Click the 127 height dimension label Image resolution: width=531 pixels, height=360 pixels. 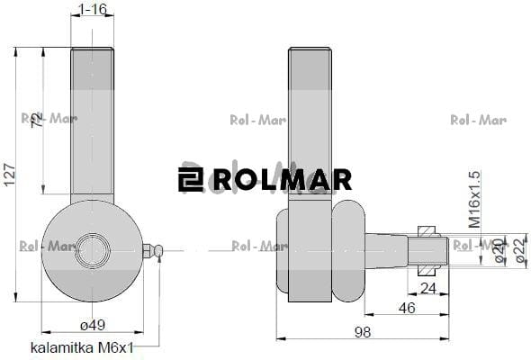click(10, 180)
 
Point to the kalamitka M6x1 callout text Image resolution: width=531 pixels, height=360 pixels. click(82, 346)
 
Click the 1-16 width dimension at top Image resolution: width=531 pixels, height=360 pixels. click(93, 9)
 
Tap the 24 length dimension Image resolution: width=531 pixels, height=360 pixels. click(427, 288)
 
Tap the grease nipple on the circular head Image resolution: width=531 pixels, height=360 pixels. click(153, 250)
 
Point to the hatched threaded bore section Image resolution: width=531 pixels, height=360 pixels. click(428, 248)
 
